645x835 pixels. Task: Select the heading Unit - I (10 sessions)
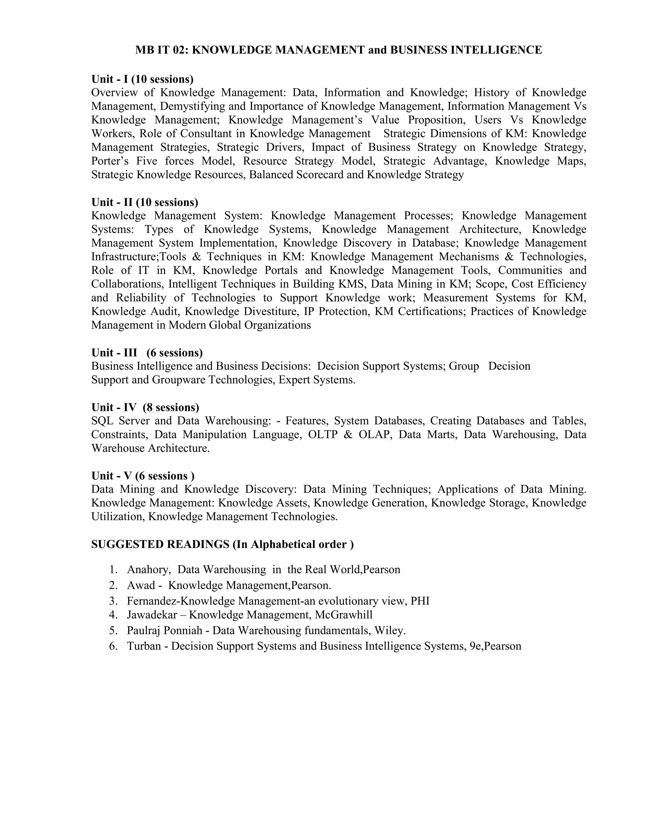click(x=142, y=79)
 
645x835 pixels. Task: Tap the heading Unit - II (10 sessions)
click(x=145, y=202)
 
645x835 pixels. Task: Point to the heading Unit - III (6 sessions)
click(x=147, y=353)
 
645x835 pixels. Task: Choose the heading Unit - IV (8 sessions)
click(x=145, y=407)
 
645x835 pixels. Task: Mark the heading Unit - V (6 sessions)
click(x=143, y=476)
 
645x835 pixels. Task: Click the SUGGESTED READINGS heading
click(x=222, y=544)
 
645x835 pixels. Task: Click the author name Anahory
click(x=149, y=570)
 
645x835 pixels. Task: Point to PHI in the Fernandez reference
click(x=420, y=601)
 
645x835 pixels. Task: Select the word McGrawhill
click(x=344, y=615)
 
